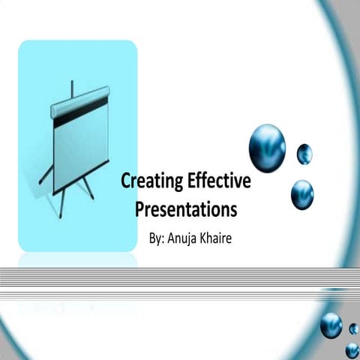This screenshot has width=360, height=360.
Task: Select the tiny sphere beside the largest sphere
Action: coord(304,154)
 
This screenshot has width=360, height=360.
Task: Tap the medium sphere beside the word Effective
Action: coord(302,194)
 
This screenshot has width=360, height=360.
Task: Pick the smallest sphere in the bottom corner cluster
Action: coord(354,328)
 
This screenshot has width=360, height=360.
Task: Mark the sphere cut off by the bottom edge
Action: coord(352,350)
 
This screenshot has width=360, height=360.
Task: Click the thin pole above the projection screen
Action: coord(73,91)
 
